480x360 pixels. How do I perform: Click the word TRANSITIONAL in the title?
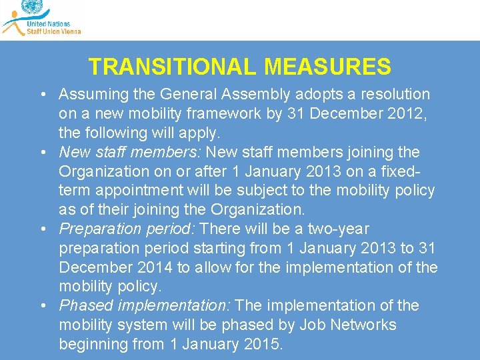point(173,67)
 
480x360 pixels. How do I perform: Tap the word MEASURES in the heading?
point(327,67)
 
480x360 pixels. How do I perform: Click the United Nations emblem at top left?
point(31,7)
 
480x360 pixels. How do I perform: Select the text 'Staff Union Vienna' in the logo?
point(53,31)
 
